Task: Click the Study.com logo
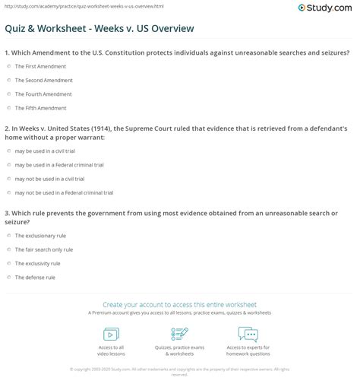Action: point(328,8)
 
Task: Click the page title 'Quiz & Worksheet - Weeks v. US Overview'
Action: point(99,29)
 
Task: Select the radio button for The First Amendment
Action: point(8,66)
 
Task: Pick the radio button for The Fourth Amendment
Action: point(8,94)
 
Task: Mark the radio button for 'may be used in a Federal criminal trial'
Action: point(8,165)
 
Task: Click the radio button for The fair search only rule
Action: point(8,249)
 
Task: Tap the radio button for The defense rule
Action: point(8,278)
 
